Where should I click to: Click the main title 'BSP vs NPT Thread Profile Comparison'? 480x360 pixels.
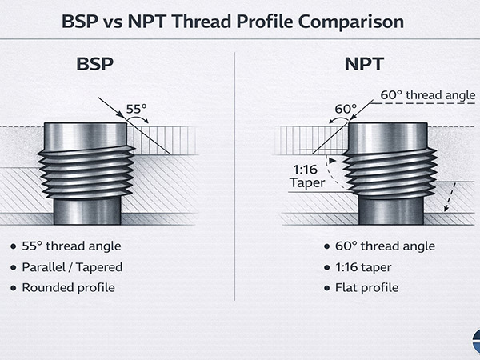click(239, 19)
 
